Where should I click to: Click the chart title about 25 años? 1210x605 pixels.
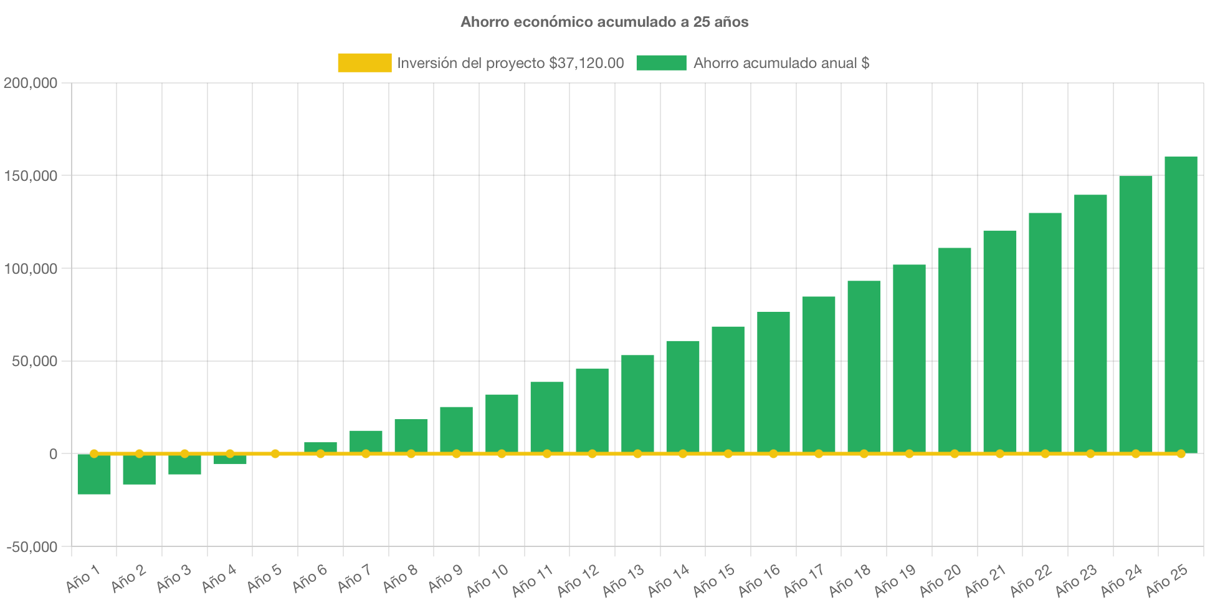[x=604, y=22]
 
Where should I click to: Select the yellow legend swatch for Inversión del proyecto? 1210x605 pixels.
[x=364, y=63]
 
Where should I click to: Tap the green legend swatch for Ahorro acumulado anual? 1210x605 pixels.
[x=661, y=63]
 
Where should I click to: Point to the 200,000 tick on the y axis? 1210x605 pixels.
[x=31, y=83]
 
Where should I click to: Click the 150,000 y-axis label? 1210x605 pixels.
[x=31, y=176]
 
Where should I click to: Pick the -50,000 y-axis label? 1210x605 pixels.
[x=32, y=547]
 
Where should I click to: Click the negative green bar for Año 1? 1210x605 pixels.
[x=94, y=475]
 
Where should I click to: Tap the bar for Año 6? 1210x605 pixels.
[x=320, y=447]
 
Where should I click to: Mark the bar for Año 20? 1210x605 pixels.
[x=955, y=350]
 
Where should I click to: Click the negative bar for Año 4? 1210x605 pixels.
[x=230, y=460]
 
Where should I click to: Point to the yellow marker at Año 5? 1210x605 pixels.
[x=275, y=453]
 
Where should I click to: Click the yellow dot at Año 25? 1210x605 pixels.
[x=1181, y=453]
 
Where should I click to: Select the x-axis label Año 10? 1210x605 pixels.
[x=487, y=580]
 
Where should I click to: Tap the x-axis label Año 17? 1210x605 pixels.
[x=804, y=580]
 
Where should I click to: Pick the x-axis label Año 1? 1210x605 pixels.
[x=83, y=579]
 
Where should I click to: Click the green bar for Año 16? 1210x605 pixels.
[x=773, y=382]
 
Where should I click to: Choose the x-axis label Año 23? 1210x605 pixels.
[x=1076, y=580]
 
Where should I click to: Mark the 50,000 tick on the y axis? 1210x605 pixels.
[x=34, y=362]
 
